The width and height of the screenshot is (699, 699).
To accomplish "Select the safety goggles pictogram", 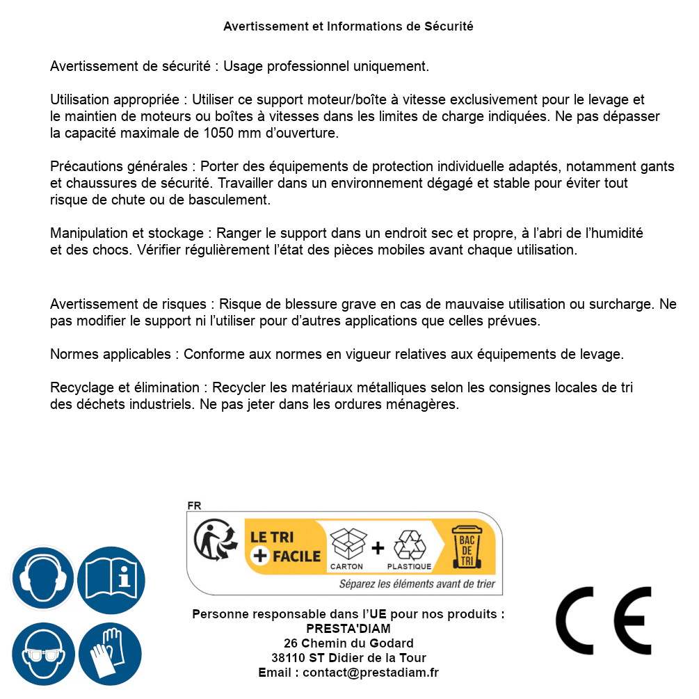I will point(43,654).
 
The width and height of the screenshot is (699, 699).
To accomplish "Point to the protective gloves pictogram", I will point(111,654).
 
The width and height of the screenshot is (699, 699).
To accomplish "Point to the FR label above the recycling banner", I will point(194,506).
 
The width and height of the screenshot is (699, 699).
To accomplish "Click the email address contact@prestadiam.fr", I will point(371,673).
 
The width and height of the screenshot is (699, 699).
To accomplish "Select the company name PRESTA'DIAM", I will point(348,629).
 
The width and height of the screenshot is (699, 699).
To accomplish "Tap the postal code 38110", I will point(288,658).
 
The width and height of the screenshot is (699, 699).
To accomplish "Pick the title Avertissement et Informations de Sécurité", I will point(348,26).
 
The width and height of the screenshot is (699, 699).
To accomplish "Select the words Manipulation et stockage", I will point(128,234).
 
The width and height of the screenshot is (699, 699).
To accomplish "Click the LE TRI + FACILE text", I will point(286,547).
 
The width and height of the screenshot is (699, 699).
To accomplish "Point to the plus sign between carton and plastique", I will point(378,548).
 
